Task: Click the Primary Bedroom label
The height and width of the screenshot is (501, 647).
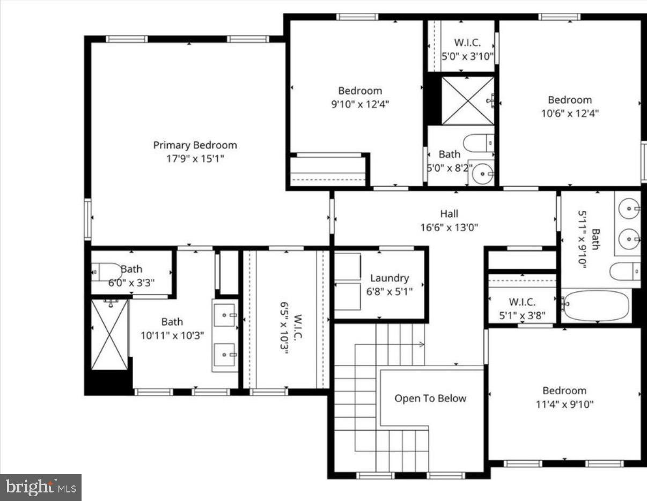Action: click(x=195, y=145)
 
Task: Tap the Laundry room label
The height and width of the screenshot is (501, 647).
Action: click(x=389, y=278)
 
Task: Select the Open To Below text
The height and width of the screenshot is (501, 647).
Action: click(x=430, y=399)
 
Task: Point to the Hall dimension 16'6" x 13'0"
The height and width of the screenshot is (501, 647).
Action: click(x=449, y=227)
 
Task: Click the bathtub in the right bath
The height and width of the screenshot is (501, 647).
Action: click(x=596, y=306)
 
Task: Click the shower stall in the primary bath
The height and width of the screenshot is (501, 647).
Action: click(x=109, y=335)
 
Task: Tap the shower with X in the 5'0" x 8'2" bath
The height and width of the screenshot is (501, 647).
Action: click(x=467, y=101)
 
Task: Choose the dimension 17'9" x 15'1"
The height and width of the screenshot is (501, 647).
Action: click(x=195, y=159)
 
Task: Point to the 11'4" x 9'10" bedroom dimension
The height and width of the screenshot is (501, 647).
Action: click(x=564, y=404)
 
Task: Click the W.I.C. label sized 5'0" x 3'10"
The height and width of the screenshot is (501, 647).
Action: click(x=467, y=42)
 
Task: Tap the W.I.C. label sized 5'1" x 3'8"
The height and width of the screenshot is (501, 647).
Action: click(x=522, y=302)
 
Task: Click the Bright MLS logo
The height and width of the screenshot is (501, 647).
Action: click(x=41, y=488)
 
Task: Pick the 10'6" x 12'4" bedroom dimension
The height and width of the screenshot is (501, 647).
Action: click(x=570, y=113)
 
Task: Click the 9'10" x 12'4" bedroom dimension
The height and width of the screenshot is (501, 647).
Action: click(x=360, y=104)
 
